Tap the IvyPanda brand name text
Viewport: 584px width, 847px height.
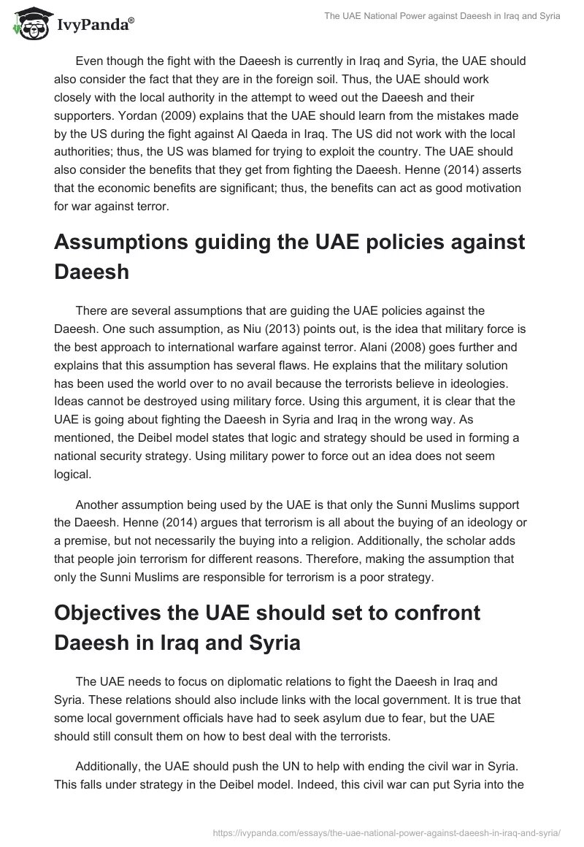pyautogui.click(x=94, y=25)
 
